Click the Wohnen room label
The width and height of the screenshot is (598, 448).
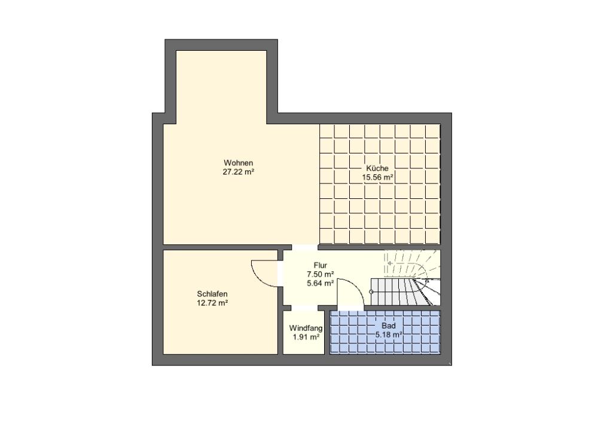(x=239, y=163)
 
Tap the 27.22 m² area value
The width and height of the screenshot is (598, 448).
(x=239, y=172)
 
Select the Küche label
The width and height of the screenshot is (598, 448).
(x=377, y=168)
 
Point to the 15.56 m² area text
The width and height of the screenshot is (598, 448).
(x=377, y=177)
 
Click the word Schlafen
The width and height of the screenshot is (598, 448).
(x=212, y=294)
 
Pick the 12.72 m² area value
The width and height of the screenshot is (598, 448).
(x=212, y=303)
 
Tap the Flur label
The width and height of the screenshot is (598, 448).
(x=321, y=265)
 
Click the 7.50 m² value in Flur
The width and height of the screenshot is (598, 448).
(x=321, y=274)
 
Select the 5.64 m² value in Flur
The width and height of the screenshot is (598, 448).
(x=321, y=283)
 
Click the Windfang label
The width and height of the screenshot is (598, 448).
(x=306, y=328)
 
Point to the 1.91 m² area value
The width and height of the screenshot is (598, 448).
(x=306, y=337)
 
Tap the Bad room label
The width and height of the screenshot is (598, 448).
(x=389, y=326)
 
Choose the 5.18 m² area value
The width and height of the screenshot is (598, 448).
(x=389, y=335)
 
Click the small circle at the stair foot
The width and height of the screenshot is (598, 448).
(x=371, y=292)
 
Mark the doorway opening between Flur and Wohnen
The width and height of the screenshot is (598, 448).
(x=304, y=247)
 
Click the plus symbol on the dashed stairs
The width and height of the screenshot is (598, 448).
(x=390, y=263)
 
